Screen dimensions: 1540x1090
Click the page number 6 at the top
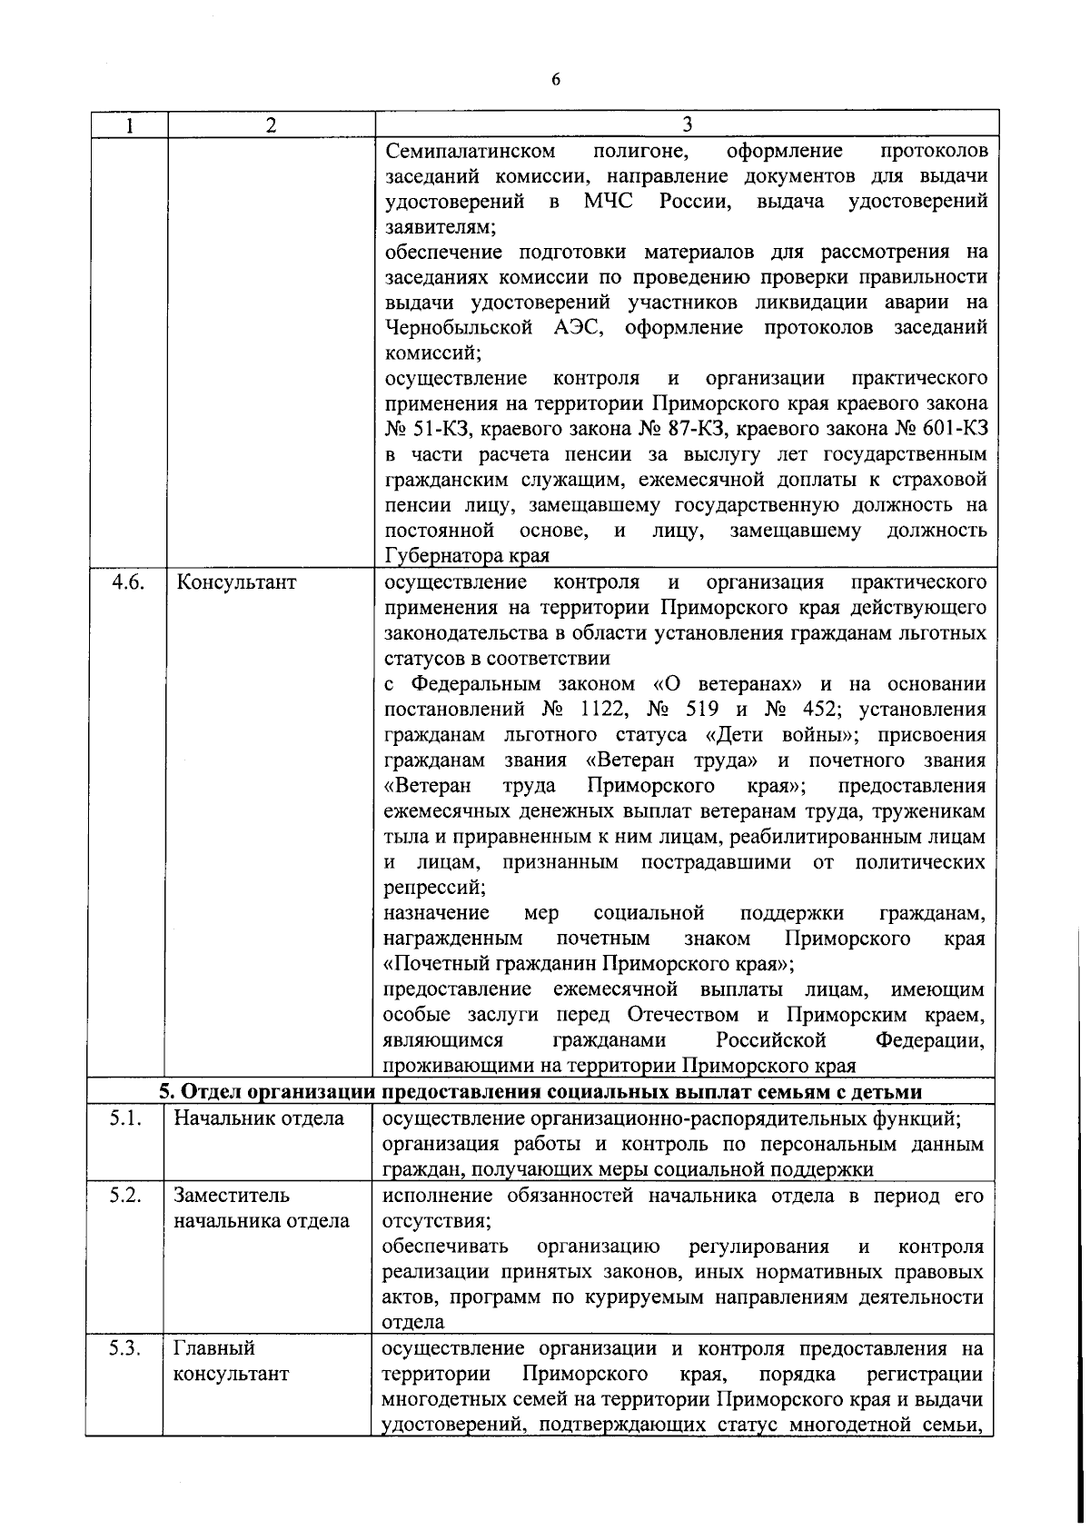pyautogui.click(x=556, y=80)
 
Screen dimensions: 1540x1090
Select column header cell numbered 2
pyautogui.click(x=271, y=124)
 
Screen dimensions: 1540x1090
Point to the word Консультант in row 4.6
pyautogui.click(x=236, y=582)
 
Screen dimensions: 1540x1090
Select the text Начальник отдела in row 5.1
pyautogui.click(x=259, y=1119)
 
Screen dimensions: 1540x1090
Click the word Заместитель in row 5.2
pyautogui.click(x=232, y=1196)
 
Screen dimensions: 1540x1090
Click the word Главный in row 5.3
pyautogui.click(x=214, y=1348)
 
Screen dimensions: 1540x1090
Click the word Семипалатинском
pyautogui.click(x=469, y=151)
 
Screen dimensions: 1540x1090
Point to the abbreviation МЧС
pyautogui.click(x=613, y=202)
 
